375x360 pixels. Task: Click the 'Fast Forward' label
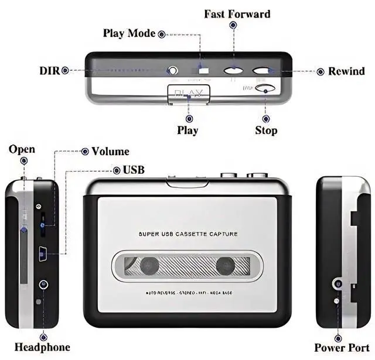pyautogui.click(x=237, y=13)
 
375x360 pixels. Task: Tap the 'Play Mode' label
pyautogui.click(x=129, y=33)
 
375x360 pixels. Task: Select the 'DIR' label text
pyautogui.click(x=49, y=71)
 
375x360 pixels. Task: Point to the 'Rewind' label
pyautogui.click(x=346, y=71)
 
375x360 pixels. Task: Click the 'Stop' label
pyautogui.click(x=266, y=130)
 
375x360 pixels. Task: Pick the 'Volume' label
pyautogui.click(x=110, y=152)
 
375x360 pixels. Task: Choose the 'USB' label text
pyautogui.click(x=134, y=170)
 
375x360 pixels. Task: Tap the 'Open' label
pyautogui.click(x=22, y=149)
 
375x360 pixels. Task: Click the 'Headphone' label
pyautogui.click(x=42, y=347)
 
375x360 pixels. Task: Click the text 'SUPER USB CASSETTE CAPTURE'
pyautogui.click(x=187, y=234)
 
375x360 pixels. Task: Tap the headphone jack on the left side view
pyautogui.click(x=43, y=284)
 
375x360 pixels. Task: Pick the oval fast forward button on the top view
pyautogui.click(x=233, y=71)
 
